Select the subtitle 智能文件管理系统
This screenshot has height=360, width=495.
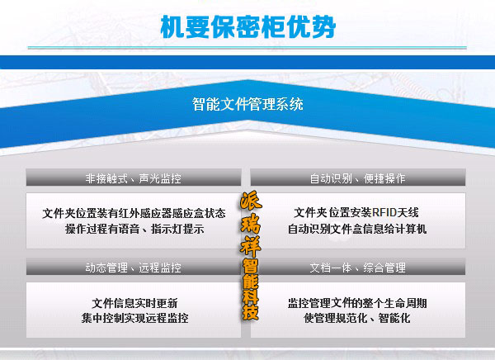click(x=247, y=105)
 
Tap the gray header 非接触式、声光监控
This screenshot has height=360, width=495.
click(x=133, y=178)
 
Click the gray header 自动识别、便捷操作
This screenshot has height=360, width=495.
click(x=357, y=178)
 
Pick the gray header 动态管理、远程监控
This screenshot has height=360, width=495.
click(x=133, y=268)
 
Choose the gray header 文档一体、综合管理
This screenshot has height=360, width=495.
click(x=357, y=268)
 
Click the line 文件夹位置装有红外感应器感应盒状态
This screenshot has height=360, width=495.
click(x=134, y=213)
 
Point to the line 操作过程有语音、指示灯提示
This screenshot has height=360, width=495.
click(x=134, y=228)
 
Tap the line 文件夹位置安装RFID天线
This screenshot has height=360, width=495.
click(x=357, y=213)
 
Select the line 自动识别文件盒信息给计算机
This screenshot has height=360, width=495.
click(x=357, y=228)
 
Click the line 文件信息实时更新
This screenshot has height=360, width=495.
click(x=134, y=302)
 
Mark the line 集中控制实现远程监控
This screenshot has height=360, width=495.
click(x=134, y=318)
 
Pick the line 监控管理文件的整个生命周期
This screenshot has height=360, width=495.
click(x=357, y=302)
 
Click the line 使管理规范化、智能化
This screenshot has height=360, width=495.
click(x=357, y=318)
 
